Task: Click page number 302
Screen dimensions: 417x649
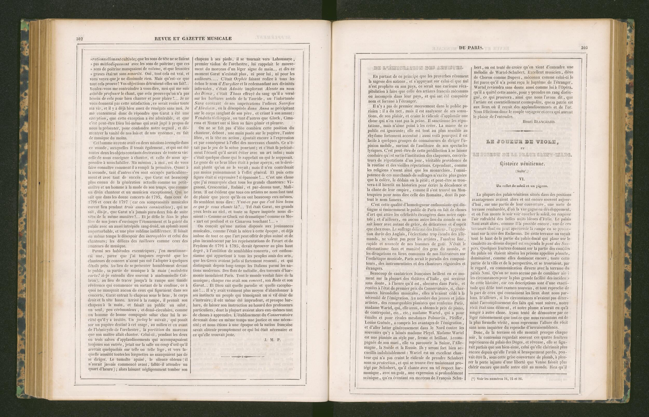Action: pos(79,38)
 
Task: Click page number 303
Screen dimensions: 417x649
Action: pos(584,48)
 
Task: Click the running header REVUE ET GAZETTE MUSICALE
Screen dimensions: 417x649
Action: pos(193,38)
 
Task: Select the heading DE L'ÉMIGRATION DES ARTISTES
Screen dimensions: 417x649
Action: pos(418,68)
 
